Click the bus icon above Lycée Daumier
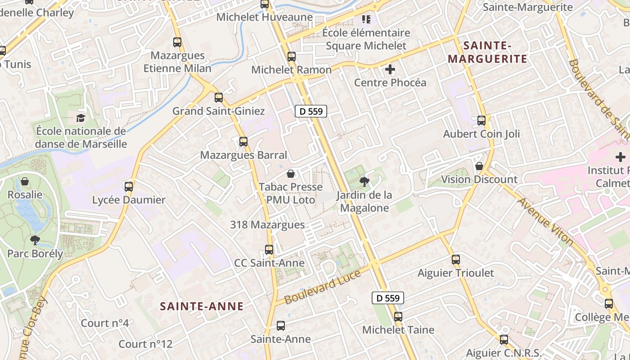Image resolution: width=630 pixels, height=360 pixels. point(129,186)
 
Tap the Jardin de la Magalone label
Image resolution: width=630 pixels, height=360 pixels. point(364,201)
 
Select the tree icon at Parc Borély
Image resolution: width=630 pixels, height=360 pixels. point(35,240)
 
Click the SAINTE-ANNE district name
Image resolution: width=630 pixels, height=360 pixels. point(202,306)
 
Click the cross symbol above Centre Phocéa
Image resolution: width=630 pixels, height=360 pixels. point(390,69)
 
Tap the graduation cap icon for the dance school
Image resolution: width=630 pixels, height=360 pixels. point(81,118)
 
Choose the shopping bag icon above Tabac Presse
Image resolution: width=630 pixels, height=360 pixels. point(291,174)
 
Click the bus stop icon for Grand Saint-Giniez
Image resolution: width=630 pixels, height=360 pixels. point(219,97)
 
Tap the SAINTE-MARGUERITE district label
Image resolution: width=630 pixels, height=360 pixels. point(487,52)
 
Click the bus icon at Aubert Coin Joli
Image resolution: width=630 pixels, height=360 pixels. point(481,121)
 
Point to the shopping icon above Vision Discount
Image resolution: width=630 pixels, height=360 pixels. point(479,166)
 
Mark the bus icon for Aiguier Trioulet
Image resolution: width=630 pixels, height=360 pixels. point(456,260)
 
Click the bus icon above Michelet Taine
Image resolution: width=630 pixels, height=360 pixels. point(398,316)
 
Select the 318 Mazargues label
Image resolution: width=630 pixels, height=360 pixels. point(267,225)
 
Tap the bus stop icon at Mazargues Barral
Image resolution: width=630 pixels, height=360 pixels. point(243,142)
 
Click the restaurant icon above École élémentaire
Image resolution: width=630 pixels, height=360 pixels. point(366,19)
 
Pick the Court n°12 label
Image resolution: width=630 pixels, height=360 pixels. point(145,344)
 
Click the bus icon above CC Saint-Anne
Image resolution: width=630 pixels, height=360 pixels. point(269,249)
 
